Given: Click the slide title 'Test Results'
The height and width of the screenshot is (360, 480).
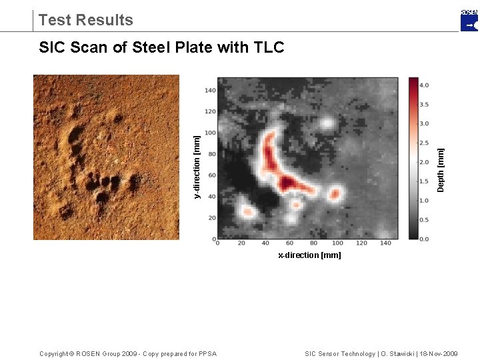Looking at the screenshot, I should [x=86, y=20].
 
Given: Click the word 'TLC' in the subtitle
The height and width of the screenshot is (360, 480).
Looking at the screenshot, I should [x=269, y=47].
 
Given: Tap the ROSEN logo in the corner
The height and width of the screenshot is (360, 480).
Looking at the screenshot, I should [x=469, y=20].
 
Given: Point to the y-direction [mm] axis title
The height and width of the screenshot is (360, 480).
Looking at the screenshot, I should [x=197, y=166].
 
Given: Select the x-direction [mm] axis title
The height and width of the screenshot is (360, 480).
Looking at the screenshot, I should [x=309, y=255].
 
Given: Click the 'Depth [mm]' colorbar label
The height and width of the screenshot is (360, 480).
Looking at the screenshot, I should [x=441, y=169].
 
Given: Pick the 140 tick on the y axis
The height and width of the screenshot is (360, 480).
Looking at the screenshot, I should [x=210, y=90].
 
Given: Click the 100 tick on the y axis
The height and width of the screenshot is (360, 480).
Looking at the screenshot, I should [x=210, y=133].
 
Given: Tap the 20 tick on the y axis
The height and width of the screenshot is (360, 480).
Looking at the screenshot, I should [x=211, y=218].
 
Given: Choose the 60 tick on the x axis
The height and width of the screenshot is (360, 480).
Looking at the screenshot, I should [x=289, y=244].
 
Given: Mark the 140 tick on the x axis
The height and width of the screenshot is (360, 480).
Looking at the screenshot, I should [x=385, y=244].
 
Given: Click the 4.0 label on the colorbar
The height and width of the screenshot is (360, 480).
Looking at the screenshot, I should [x=424, y=85].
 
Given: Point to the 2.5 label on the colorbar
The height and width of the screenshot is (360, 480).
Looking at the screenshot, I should [x=424, y=143].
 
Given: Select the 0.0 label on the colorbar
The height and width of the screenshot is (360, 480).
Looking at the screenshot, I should [x=424, y=239].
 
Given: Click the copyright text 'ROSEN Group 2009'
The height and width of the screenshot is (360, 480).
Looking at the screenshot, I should [x=107, y=353].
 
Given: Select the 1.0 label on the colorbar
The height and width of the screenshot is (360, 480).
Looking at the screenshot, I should [x=424, y=201].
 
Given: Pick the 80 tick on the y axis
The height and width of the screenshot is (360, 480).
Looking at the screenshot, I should [x=211, y=154].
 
